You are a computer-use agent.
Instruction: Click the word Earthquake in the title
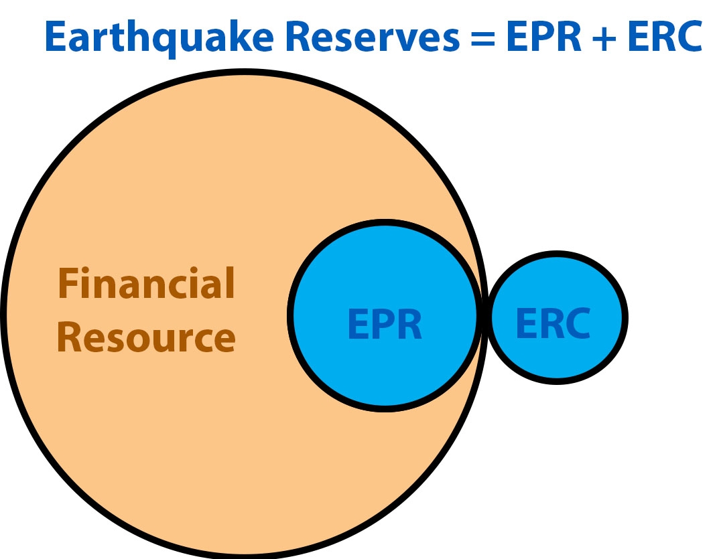159,38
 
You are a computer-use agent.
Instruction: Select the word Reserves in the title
372,37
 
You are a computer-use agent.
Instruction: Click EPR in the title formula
543,37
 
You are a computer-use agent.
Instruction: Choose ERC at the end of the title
665,37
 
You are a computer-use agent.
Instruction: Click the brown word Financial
146,283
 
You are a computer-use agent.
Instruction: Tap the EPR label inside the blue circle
385,324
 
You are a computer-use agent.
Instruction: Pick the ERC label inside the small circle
553,323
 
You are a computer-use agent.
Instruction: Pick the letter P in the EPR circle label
382,324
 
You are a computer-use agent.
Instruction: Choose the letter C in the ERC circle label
577,323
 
